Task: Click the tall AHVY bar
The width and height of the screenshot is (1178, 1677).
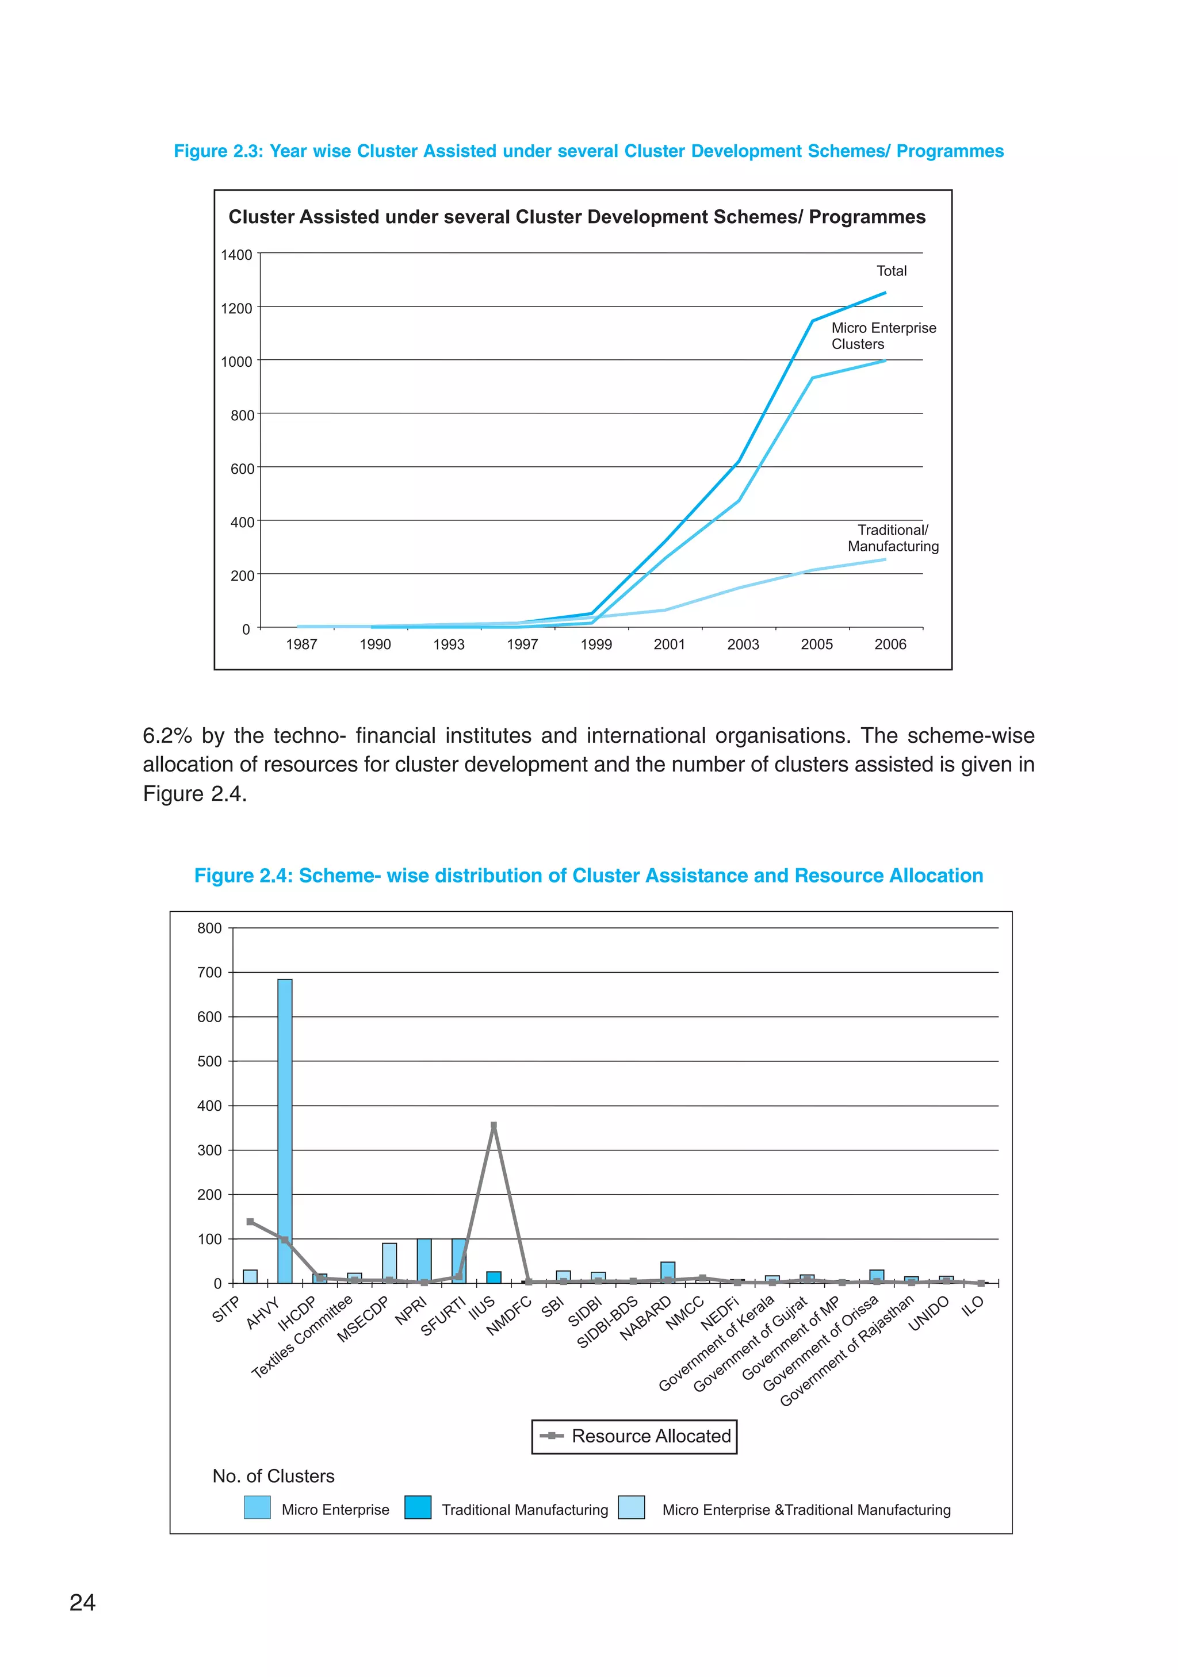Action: [284, 1131]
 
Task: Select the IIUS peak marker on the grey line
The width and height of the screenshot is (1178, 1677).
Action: [494, 1126]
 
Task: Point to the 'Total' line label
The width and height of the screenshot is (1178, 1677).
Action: [891, 271]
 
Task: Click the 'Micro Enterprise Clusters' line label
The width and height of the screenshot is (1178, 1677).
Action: [883, 336]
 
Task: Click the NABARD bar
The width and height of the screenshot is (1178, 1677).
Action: [667, 1272]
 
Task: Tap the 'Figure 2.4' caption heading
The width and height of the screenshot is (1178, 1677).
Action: [588, 875]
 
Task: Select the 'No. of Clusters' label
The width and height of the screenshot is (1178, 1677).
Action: [273, 1476]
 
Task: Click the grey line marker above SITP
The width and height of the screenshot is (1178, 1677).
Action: [250, 1222]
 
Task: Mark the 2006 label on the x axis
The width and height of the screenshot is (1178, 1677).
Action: [889, 644]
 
